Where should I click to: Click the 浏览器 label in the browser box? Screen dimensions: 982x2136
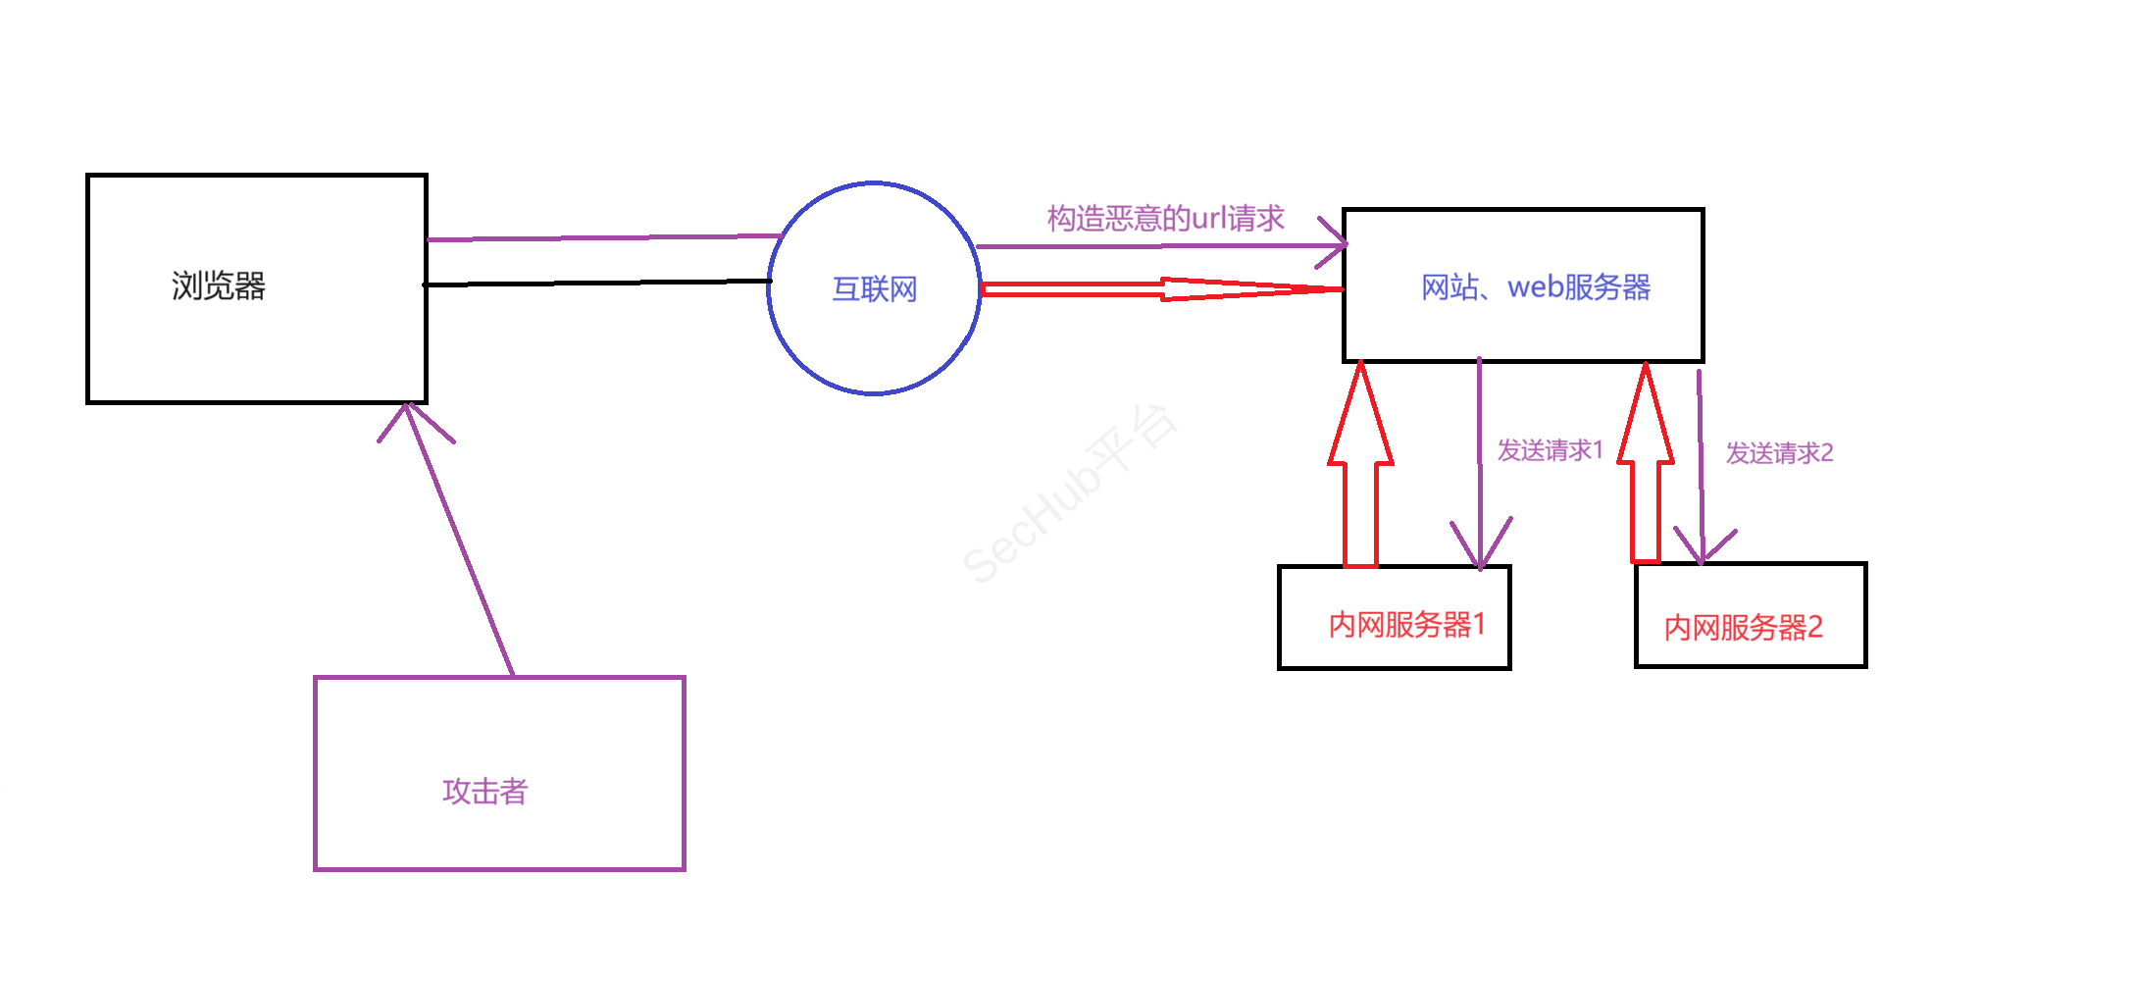(x=219, y=286)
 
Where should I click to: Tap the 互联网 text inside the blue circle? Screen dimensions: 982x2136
(x=874, y=289)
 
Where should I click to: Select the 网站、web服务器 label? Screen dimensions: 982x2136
(x=1536, y=287)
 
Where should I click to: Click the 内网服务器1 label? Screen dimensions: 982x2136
(x=1406, y=625)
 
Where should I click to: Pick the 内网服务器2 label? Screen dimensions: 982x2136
(x=1743, y=628)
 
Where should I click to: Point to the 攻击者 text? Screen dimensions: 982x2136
(x=484, y=792)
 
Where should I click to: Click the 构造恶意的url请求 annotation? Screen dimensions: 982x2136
(x=1165, y=218)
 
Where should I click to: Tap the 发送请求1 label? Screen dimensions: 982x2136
(x=1550, y=450)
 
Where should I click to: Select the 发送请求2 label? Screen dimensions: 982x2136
(x=1779, y=453)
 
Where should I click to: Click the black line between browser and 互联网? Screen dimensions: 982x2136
(x=598, y=284)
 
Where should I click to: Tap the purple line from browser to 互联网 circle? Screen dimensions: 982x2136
(x=603, y=237)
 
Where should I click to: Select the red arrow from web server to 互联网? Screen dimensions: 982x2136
(x=1162, y=288)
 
